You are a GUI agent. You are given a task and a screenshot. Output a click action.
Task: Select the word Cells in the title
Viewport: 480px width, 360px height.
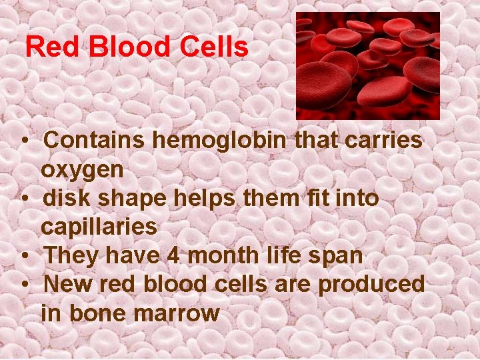click(x=214, y=47)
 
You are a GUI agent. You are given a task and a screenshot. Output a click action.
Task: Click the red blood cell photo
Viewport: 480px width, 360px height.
click(x=367, y=65)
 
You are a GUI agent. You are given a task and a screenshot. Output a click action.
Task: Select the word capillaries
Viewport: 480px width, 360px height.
click(x=99, y=227)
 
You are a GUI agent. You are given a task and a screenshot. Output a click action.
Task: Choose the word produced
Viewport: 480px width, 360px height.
click(x=371, y=284)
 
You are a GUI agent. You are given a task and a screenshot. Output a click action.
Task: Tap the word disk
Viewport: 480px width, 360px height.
click(x=64, y=198)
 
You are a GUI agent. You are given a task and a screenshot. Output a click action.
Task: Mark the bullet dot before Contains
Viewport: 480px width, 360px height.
click(x=23, y=141)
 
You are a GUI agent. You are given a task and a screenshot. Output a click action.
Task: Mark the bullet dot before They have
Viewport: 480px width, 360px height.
click(x=23, y=256)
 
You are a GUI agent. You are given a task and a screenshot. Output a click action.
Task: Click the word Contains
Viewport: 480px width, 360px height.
click(x=96, y=141)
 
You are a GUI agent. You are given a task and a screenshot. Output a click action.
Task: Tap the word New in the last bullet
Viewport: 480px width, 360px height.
click(x=67, y=284)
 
